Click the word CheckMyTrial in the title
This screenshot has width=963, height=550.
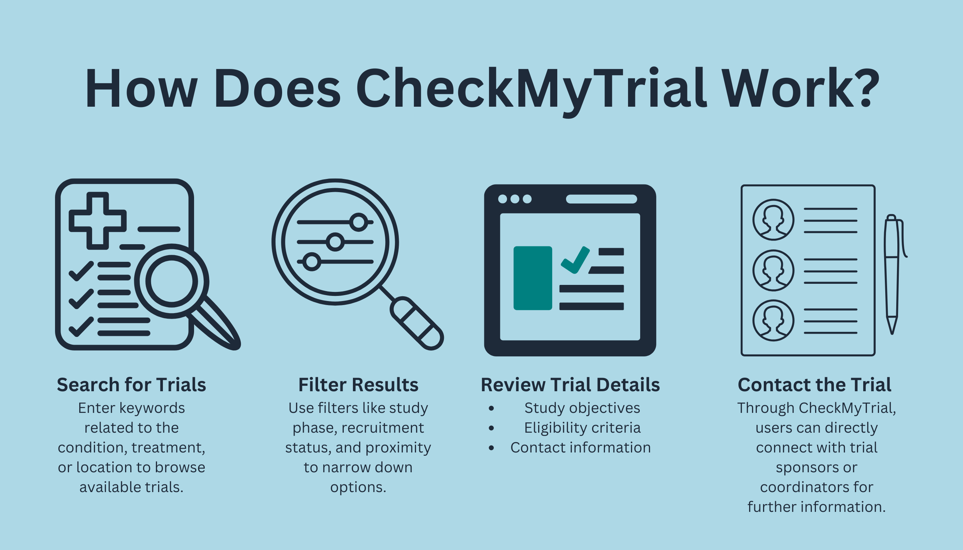pos(530,89)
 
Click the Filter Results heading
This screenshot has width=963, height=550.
pos(358,385)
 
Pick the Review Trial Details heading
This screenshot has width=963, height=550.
pos(570,385)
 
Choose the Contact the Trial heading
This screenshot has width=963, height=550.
pos(814,385)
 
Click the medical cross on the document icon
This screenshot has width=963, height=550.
pos(98,221)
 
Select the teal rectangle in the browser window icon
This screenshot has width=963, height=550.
pos(533,278)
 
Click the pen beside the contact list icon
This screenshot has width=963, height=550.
pos(892,272)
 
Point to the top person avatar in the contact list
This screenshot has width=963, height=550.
pos(773,220)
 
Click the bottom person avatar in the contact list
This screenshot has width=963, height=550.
pos(773,321)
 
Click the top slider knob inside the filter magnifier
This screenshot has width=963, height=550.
pos(358,222)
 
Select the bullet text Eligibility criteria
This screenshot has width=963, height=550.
pos(582,428)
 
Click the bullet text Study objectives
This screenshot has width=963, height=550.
pos(582,408)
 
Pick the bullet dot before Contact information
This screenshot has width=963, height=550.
pos(491,448)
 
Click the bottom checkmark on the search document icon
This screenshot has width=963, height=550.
pos(81,327)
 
